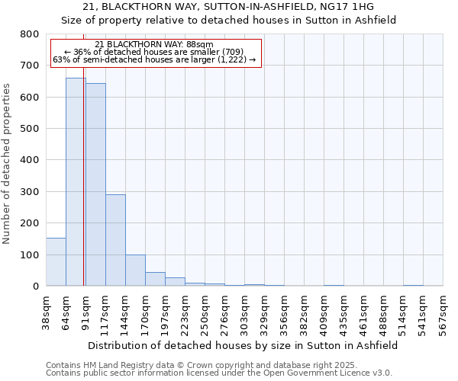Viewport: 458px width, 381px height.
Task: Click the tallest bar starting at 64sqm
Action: [x=75, y=183]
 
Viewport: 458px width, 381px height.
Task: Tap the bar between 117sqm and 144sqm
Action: [x=115, y=240]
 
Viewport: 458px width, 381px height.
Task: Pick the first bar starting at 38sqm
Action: [x=56, y=262]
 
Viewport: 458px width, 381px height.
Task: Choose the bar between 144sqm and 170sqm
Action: [x=135, y=271]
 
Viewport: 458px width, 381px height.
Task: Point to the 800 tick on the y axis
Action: [x=29, y=34]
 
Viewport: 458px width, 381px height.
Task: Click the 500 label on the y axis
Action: [x=29, y=129]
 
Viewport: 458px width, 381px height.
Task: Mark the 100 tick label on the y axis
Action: [x=29, y=255]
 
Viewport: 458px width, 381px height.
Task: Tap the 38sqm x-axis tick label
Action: [x=47, y=312]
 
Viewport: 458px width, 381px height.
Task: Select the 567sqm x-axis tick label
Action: [x=443, y=312]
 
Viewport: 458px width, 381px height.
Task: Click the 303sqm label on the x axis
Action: [x=245, y=312]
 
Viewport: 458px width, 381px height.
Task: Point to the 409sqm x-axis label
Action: [x=324, y=312]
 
